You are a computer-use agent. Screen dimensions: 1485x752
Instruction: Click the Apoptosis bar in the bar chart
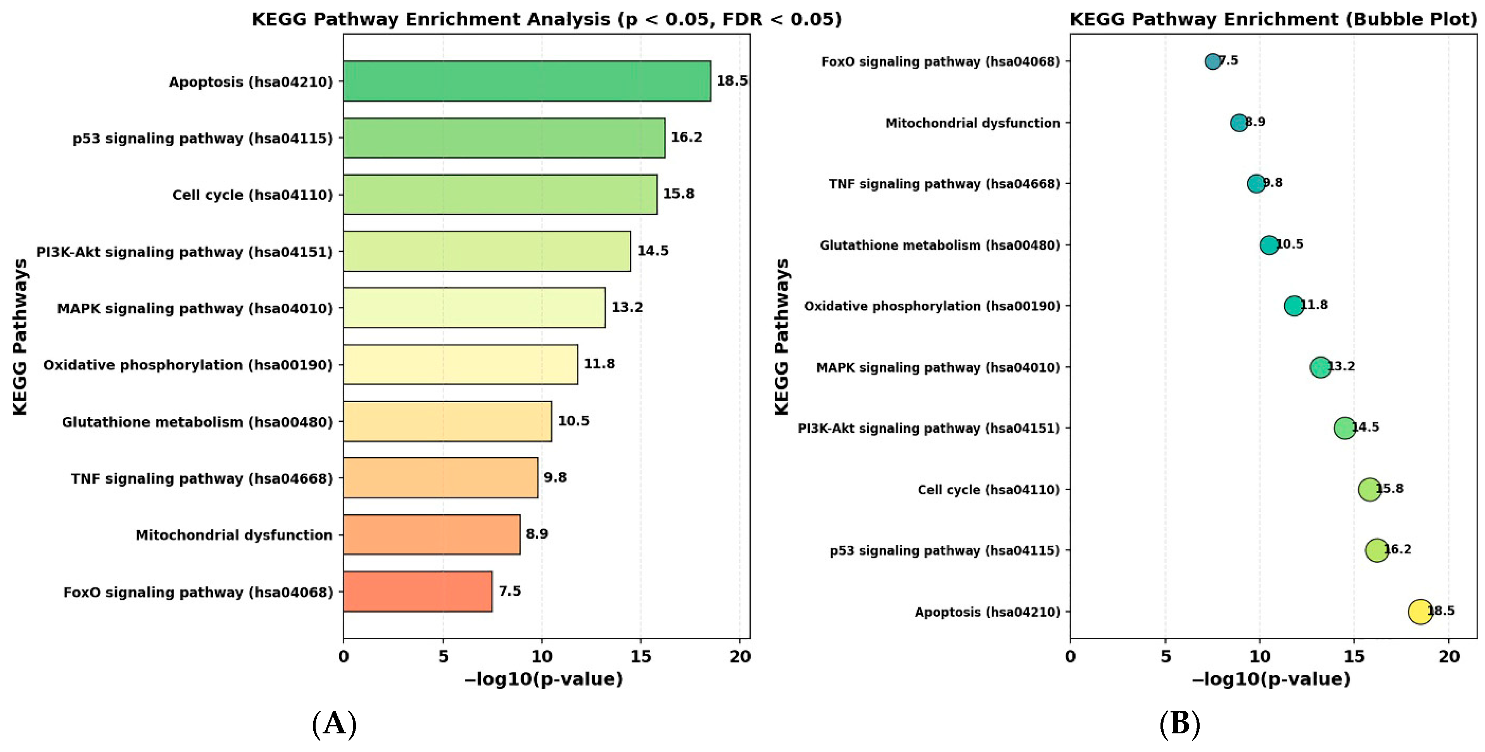527,81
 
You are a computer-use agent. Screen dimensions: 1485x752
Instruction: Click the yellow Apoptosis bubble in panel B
1420,611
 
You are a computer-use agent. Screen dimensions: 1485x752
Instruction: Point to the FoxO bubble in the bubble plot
1212,61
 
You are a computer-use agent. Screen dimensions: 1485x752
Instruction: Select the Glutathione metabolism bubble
1269,244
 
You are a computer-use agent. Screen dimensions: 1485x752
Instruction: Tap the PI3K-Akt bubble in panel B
1344,428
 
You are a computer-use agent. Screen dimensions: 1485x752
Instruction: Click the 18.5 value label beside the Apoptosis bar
732,81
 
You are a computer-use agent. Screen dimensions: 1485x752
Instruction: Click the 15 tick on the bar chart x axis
641,656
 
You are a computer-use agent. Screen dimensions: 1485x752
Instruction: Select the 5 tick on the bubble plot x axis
1165,656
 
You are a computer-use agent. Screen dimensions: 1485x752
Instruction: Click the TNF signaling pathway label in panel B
944,184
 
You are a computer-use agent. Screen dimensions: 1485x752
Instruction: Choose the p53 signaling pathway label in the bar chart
203,138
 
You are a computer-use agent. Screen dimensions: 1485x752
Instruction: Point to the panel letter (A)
334,724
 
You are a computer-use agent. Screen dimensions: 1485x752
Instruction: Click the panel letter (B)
1179,724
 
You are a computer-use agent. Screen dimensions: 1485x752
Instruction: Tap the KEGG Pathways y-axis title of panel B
781,337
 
